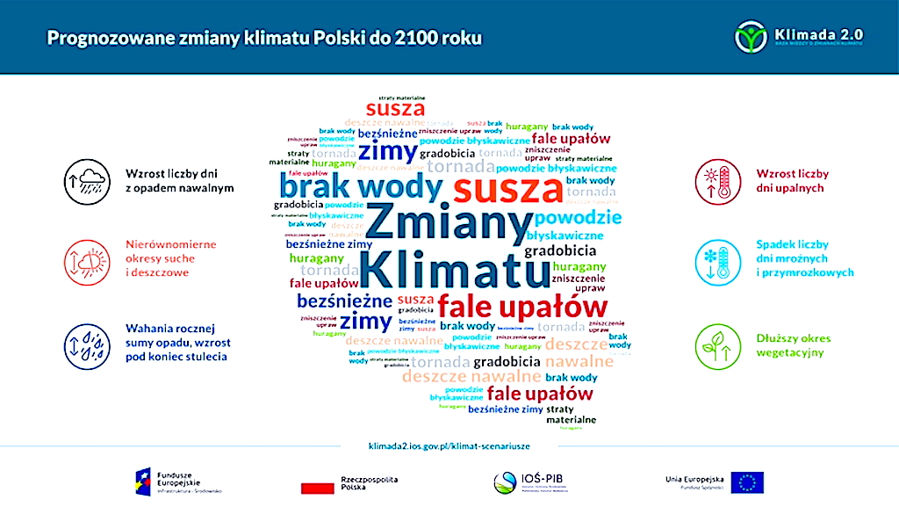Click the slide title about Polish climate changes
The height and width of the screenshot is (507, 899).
[263, 39]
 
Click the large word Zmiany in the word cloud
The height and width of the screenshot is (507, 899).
[447, 221]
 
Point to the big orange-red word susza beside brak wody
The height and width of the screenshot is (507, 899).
[507, 187]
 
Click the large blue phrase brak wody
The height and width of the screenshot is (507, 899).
[361, 186]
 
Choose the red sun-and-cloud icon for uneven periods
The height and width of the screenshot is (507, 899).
[85, 259]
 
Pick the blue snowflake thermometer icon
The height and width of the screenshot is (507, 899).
[716, 259]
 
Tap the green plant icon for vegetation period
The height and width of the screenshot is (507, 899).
[716, 345]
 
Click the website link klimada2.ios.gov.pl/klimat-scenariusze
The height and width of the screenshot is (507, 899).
[449, 446]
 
